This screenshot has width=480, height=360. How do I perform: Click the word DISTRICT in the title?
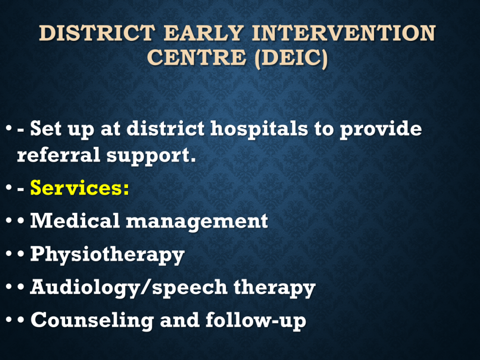tap(97, 33)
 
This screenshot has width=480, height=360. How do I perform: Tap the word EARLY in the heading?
tap(204, 33)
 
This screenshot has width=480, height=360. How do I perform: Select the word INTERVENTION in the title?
tap(344, 33)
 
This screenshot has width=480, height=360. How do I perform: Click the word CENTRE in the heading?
tap(196, 57)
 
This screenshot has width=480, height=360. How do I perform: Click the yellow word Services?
tap(80, 187)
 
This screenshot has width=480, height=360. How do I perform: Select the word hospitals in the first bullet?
tap(259, 128)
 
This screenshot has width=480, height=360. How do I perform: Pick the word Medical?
tap(75, 220)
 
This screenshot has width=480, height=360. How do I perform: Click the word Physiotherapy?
tap(107, 255)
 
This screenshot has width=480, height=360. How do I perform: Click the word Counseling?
tap(92, 321)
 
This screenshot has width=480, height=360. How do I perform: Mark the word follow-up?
tap(255, 321)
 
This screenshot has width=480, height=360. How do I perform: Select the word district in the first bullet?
tap(165, 128)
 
